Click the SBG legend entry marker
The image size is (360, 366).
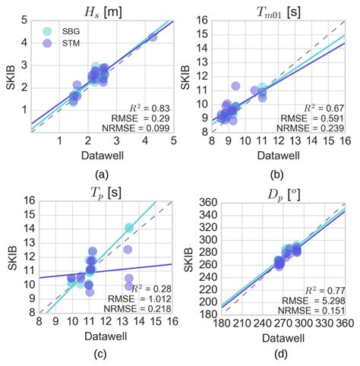pyautogui.click(x=48, y=31)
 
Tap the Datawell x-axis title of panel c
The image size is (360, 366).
pyautogui.click(x=101, y=337)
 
